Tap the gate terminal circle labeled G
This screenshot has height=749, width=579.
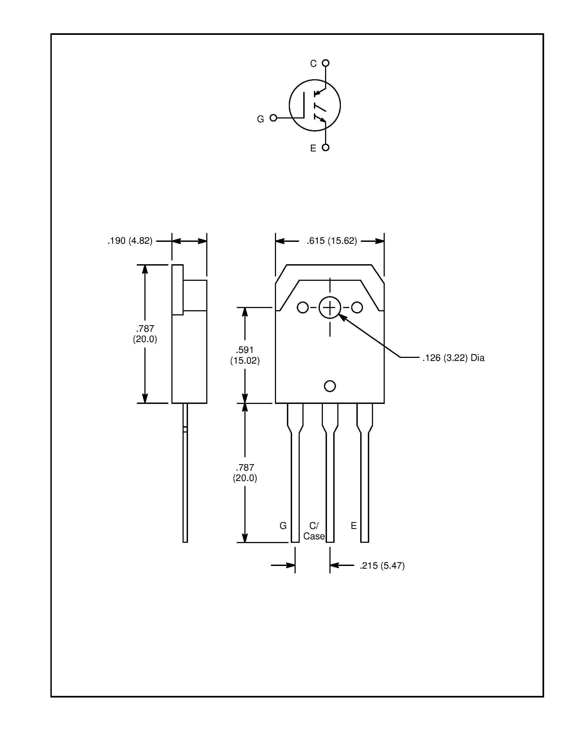273,118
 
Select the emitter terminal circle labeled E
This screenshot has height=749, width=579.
326,147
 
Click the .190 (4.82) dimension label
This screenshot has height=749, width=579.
130,241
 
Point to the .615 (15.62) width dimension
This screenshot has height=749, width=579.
332,241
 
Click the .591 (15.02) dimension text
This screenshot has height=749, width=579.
245,355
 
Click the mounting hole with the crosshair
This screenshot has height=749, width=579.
330,307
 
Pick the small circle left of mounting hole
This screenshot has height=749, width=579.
302,307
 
